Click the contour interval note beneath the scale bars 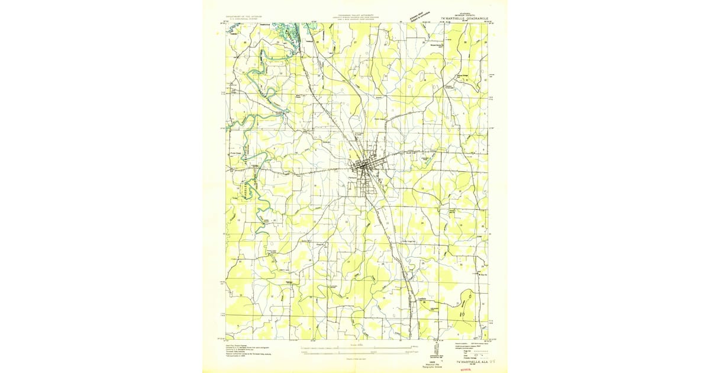354,359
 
